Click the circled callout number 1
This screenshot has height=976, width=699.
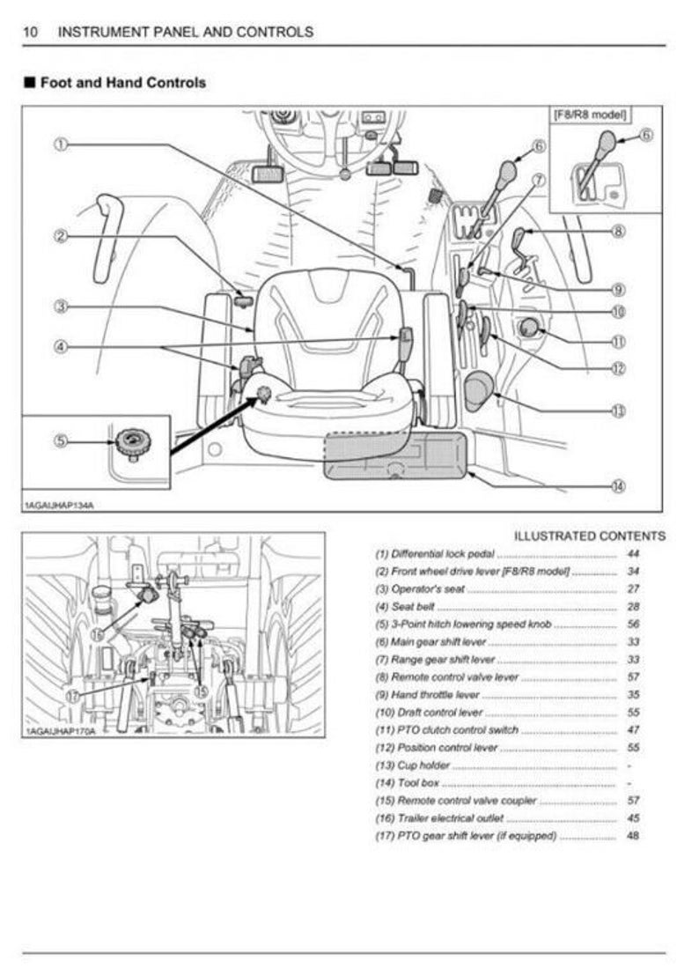click(x=60, y=144)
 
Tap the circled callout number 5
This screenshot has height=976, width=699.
click(x=60, y=440)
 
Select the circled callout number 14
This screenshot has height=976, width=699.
click(x=618, y=485)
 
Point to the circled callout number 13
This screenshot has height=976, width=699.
click(x=618, y=410)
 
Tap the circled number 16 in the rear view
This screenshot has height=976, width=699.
click(x=98, y=632)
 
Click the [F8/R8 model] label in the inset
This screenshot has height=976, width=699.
click(x=593, y=114)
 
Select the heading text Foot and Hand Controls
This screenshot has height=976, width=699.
click(x=122, y=83)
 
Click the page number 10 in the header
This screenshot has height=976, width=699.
click(x=30, y=33)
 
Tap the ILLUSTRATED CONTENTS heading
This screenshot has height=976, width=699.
click(x=590, y=536)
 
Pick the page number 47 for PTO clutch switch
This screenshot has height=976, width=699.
click(x=633, y=730)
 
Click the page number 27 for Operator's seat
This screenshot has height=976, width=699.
click(x=633, y=589)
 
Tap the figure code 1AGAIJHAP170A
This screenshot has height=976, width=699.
click(x=58, y=731)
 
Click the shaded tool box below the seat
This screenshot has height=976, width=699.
click(x=394, y=456)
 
